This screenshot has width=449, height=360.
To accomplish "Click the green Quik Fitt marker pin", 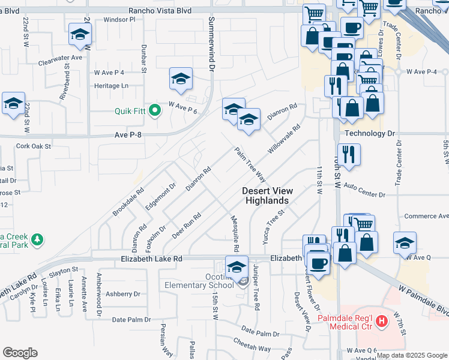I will click(x=154, y=110).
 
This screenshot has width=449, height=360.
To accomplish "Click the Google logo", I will click(x=20, y=352).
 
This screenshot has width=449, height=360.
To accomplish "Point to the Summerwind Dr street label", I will click(x=211, y=44).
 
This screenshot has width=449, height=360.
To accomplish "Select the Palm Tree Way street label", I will click(x=250, y=165).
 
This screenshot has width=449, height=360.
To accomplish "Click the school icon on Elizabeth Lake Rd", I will click(x=237, y=266).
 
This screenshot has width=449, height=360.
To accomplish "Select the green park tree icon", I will click(x=37, y=239).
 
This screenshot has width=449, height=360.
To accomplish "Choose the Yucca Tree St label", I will click(x=270, y=223).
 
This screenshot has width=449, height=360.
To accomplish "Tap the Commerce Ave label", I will click(x=425, y=216).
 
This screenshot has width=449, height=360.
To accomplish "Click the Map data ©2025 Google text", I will click(x=412, y=355).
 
